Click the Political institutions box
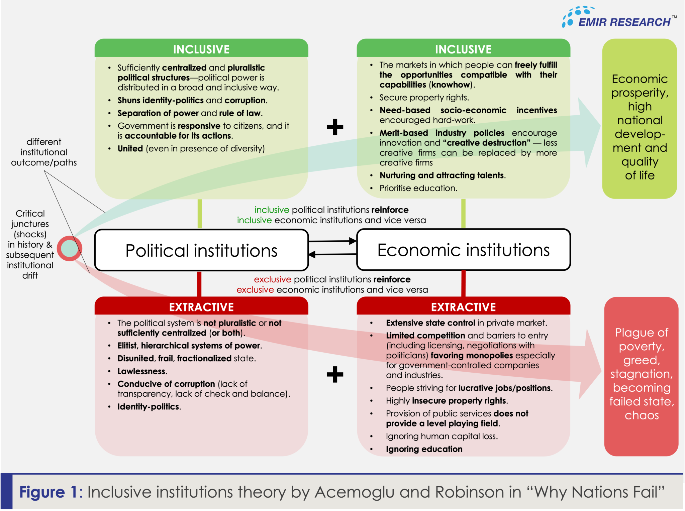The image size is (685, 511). [x=201, y=250]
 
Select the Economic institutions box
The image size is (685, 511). [x=463, y=250]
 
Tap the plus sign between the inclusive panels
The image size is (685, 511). [x=335, y=127]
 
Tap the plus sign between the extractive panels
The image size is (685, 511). [x=335, y=374]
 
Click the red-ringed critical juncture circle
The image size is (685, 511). [x=69, y=248]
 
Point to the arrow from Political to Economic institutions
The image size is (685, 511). [x=332, y=241]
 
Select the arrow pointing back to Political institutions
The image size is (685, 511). [x=332, y=255]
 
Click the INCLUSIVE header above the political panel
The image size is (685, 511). [x=201, y=49]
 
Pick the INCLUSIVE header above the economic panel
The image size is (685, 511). [x=463, y=49]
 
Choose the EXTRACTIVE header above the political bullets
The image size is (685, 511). [x=201, y=307]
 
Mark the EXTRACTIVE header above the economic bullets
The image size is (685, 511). [x=463, y=307]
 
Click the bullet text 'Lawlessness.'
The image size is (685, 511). [x=142, y=371]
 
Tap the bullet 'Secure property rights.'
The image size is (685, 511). [x=424, y=98]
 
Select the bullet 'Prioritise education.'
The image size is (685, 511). [x=418, y=188]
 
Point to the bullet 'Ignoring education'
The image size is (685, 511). [x=424, y=449]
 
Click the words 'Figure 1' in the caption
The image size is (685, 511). [x=49, y=492]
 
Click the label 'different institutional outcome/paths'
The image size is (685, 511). [x=44, y=152]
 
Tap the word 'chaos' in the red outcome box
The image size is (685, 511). [x=642, y=415]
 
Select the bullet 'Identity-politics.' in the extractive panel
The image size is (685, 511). [x=149, y=407]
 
